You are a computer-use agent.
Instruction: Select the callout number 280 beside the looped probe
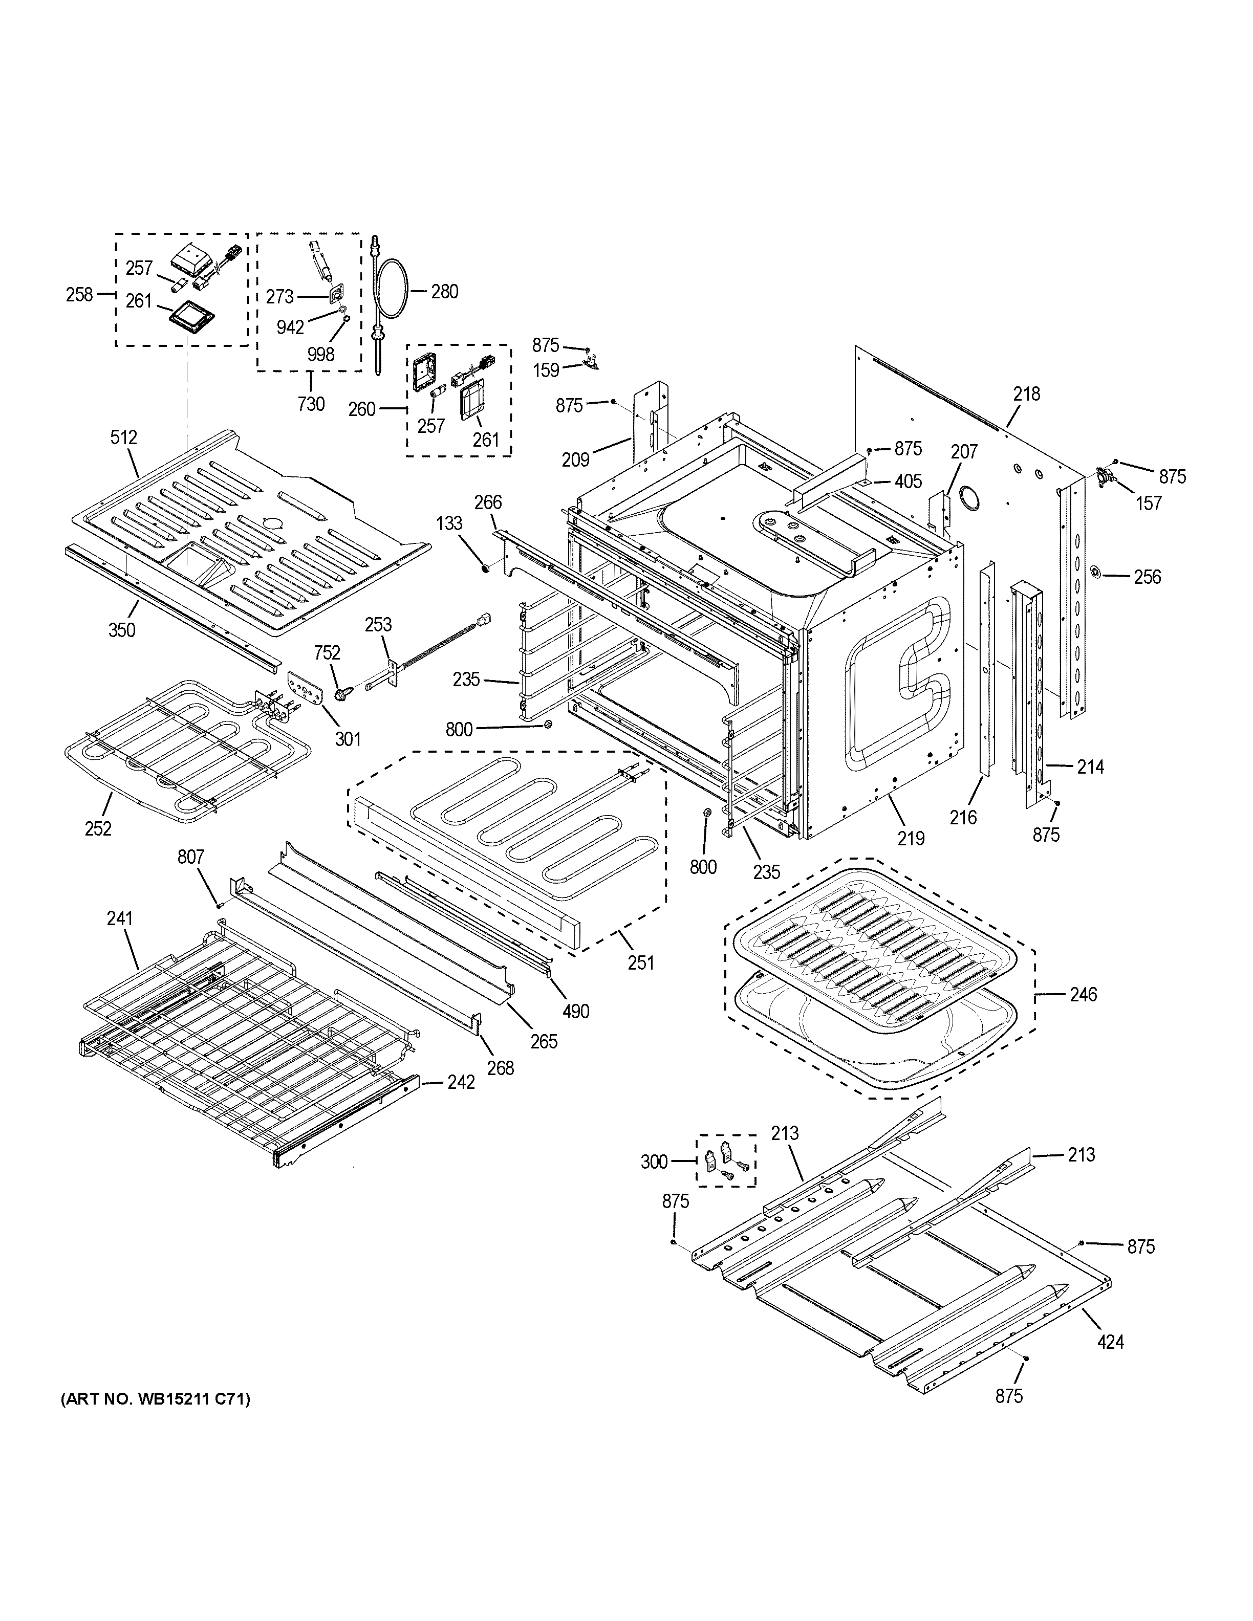[445, 292]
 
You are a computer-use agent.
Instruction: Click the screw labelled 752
[343, 693]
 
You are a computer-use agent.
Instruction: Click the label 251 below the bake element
[641, 962]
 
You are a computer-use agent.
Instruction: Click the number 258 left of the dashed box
[79, 295]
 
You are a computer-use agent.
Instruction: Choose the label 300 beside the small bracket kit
[654, 1162]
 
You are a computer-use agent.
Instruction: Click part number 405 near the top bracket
[908, 481]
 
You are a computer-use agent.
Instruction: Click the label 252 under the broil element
[98, 828]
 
